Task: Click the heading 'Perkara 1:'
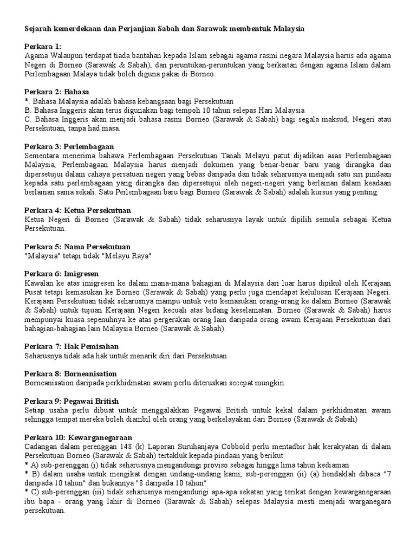point(43,47)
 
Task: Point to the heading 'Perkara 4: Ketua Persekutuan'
point(78,210)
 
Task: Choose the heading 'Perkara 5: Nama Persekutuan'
point(77,247)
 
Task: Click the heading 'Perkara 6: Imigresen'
point(62,274)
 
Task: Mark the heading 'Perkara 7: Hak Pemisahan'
point(71,346)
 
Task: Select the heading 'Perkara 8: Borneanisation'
point(70,374)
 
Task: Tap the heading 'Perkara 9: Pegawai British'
point(71,401)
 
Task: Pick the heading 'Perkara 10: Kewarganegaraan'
point(79,437)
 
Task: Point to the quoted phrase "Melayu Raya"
point(130,256)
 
